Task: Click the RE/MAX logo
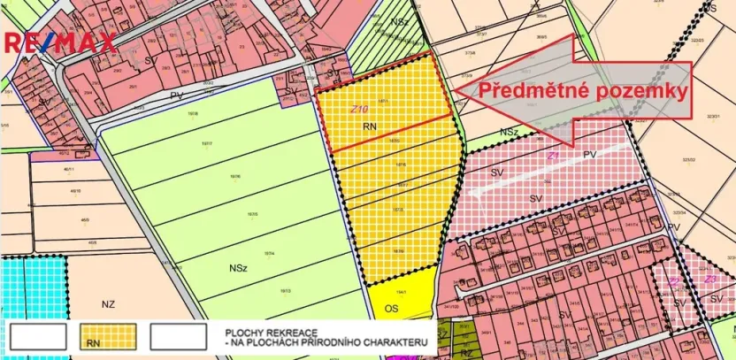click(60, 42)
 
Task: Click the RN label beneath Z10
click(370, 126)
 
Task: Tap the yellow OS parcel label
click(392, 310)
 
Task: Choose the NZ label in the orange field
click(108, 304)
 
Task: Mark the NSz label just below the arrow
click(508, 132)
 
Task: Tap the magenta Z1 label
click(553, 156)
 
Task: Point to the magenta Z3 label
click(709, 280)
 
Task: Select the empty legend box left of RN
click(38, 336)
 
